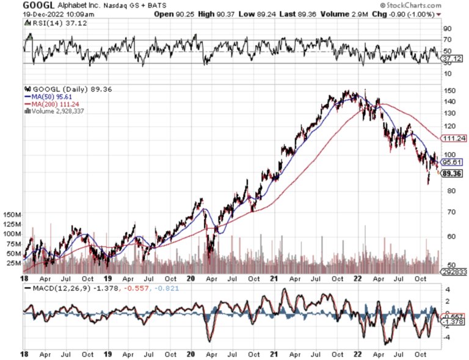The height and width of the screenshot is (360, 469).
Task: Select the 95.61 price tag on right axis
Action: click(x=453, y=163)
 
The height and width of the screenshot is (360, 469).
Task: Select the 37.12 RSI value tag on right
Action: click(x=453, y=59)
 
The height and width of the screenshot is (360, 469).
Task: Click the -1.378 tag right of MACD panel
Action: click(x=453, y=321)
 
